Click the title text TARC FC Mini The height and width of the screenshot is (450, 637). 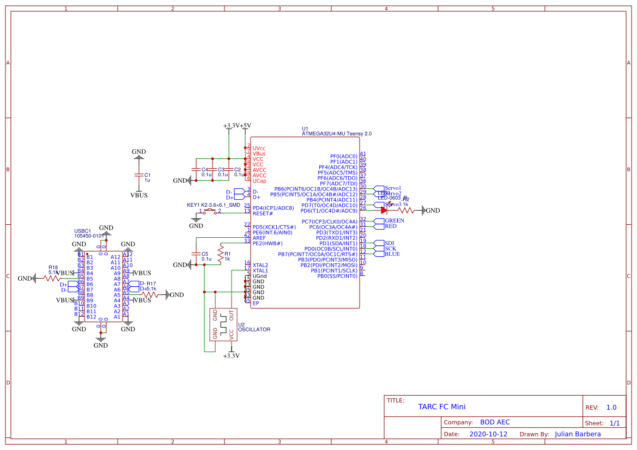click(441, 406)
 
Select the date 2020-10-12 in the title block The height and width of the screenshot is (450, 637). click(488, 434)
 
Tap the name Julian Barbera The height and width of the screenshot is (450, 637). click(578, 434)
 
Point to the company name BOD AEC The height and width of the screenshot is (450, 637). click(495, 422)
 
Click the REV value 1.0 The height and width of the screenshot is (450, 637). click(611, 408)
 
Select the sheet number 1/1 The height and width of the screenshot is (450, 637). click(614, 423)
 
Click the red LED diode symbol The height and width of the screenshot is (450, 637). click(384, 210)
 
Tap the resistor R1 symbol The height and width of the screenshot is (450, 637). click(220, 254)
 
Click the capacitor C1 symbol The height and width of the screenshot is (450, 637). click(139, 175)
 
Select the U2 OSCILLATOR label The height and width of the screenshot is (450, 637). click(253, 326)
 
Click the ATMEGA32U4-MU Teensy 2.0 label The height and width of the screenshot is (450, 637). click(337, 134)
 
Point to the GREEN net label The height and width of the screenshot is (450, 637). click(394, 220)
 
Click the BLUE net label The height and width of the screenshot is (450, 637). click(392, 254)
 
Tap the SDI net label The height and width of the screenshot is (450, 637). click(389, 243)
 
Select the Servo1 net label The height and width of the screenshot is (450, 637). click(392, 188)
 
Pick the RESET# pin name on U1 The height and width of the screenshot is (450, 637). click(263, 213)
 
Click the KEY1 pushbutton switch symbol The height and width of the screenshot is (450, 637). click(209, 211)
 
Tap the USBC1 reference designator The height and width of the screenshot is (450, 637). click(82, 231)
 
